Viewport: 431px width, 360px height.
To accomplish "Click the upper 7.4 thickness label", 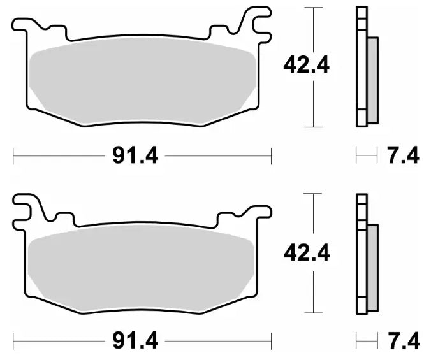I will pyautogui.click(x=403, y=154).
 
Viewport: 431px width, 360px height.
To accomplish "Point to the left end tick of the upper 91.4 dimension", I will pyautogui.click(x=13, y=154).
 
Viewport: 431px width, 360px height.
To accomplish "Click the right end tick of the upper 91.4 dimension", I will pyautogui.click(x=271, y=154).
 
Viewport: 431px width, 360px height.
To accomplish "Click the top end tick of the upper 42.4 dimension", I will pyautogui.click(x=311, y=7).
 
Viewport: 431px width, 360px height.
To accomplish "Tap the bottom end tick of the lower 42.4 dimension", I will pyautogui.click(x=311, y=313).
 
